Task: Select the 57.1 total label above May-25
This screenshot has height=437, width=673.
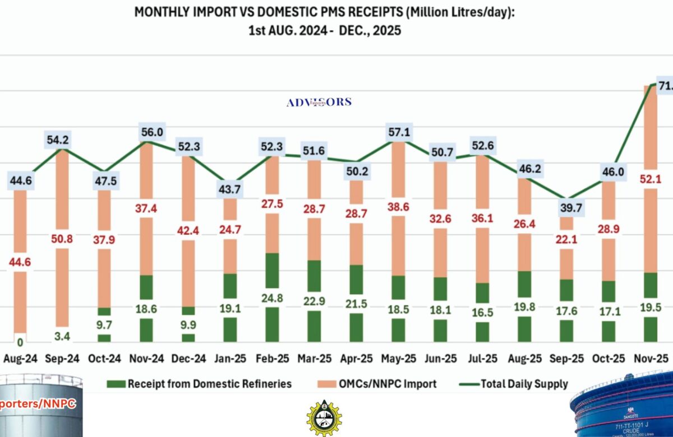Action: [x=398, y=132]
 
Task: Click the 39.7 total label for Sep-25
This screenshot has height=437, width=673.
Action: [x=566, y=208]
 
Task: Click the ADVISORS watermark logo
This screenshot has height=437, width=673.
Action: [x=319, y=102]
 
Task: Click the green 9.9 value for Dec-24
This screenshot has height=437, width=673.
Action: [x=188, y=324]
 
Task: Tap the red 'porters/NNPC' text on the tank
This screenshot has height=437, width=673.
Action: [x=36, y=403]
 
